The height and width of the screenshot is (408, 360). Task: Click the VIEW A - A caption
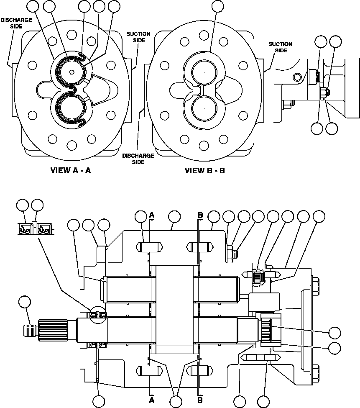point(71,170)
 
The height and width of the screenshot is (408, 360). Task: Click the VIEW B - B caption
point(205,170)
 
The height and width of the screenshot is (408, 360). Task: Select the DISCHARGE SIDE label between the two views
point(138,159)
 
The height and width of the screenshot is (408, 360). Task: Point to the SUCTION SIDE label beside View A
point(138,37)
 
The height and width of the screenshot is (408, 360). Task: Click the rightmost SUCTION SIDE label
point(280,47)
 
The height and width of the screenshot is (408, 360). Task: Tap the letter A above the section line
point(152,215)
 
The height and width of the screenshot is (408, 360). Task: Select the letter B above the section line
point(200,215)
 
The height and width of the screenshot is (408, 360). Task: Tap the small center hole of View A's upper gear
point(71,72)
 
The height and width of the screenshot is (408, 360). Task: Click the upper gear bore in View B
point(204,72)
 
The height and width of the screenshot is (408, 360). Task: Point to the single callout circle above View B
point(218,6)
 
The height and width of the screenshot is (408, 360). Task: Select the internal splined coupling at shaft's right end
point(268,328)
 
